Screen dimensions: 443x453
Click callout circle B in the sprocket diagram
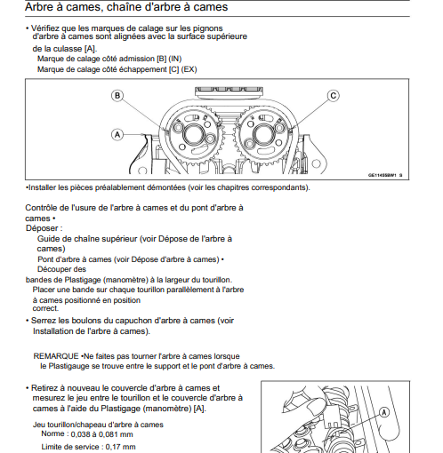pyautogui.click(x=117, y=96)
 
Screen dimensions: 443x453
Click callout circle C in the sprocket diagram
pyautogui.click(x=334, y=96)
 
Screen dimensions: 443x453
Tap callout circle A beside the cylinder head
pyautogui.click(x=117, y=135)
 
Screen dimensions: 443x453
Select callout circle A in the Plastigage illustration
pyautogui.click(x=384, y=412)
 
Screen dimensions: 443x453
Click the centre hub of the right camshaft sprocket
pyautogui.click(x=262, y=135)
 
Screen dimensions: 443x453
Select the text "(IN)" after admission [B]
pyautogui.click(x=175, y=59)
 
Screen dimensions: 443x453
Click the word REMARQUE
pyautogui.click(x=56, y=356)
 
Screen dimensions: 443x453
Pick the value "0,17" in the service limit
pyautogui.click(x=111, y=447)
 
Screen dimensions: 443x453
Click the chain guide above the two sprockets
pyautogui.click(x=229, y=91)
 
